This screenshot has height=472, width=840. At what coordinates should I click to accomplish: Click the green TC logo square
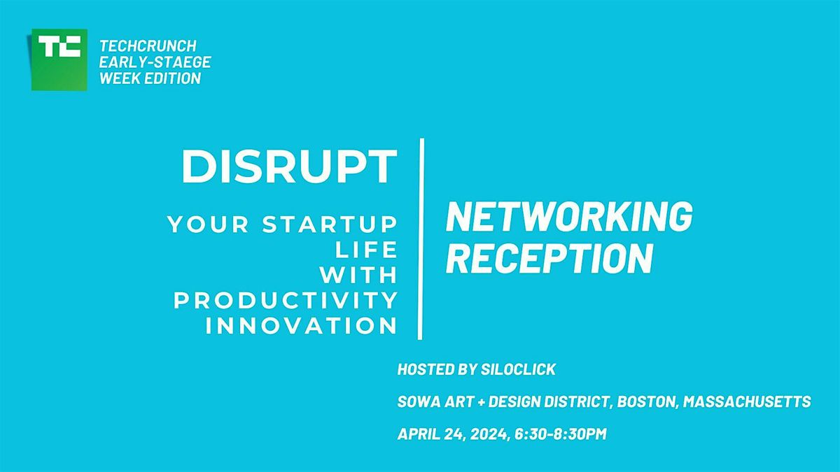coord(59,59)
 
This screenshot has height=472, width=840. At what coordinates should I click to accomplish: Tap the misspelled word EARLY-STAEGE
coord(155,62)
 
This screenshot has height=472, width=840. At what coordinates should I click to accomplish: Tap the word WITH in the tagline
coord(363,275)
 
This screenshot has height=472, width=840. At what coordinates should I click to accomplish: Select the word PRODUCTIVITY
coord(286,300)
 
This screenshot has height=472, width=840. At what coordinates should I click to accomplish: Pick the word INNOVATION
coord(302,326)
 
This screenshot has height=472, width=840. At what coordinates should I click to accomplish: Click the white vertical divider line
coord(421,238)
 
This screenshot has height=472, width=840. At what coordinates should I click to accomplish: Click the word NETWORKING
coord(569,217)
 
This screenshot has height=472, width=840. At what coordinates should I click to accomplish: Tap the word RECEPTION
coord(549,258)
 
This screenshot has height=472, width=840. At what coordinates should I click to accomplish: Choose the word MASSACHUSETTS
coord(747,401)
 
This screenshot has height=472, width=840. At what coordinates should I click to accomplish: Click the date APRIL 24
coord(431,434)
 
